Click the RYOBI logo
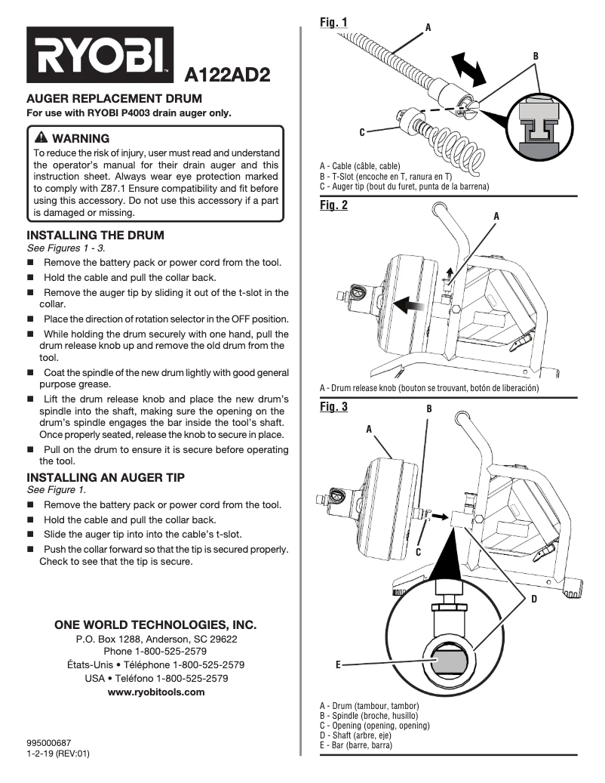point(100,55)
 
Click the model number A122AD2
point(227,75)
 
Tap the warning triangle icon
point(41,137)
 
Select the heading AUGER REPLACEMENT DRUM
point(115,99)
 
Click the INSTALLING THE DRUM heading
point(95,235)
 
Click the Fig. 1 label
point(333,23)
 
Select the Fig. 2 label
point(333,205)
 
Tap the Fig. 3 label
point(333,407)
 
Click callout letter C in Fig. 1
point(362,133)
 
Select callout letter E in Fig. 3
point(339,664)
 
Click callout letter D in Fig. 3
point(533,600)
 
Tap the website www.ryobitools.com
point(156,692)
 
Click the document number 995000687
point(49,743)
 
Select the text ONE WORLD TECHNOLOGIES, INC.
point(155,625)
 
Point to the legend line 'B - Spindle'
point(369,715)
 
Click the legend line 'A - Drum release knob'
point(428,388)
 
